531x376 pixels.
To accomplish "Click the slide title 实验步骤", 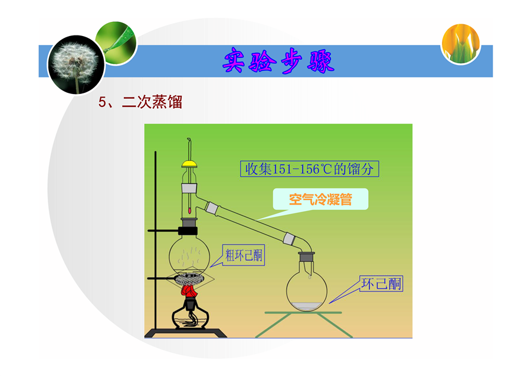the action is pos(278,61).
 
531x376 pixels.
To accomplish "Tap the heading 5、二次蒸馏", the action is pos(140,102).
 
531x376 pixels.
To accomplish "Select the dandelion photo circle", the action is pos(76,65).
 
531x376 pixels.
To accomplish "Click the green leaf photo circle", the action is pos(116,43).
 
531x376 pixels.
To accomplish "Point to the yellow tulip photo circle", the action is pos(461,43).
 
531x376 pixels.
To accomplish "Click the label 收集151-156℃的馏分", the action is pos(310,168).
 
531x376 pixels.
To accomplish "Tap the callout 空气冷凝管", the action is pos(320,199).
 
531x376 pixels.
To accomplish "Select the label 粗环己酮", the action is pos(244,255).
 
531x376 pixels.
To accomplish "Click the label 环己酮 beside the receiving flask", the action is pos(381,284).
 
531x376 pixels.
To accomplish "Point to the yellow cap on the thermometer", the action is pos(189,164).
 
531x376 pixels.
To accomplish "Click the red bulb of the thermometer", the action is pos(189,210).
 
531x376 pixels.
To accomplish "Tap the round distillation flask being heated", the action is pos(189,255).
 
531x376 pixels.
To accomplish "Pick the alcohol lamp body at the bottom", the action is pos(191,316).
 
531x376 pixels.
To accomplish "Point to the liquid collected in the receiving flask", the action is pos(307,306).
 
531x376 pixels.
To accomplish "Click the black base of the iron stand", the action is pos(186,333).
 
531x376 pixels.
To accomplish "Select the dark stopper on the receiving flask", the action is pos(306,257).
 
